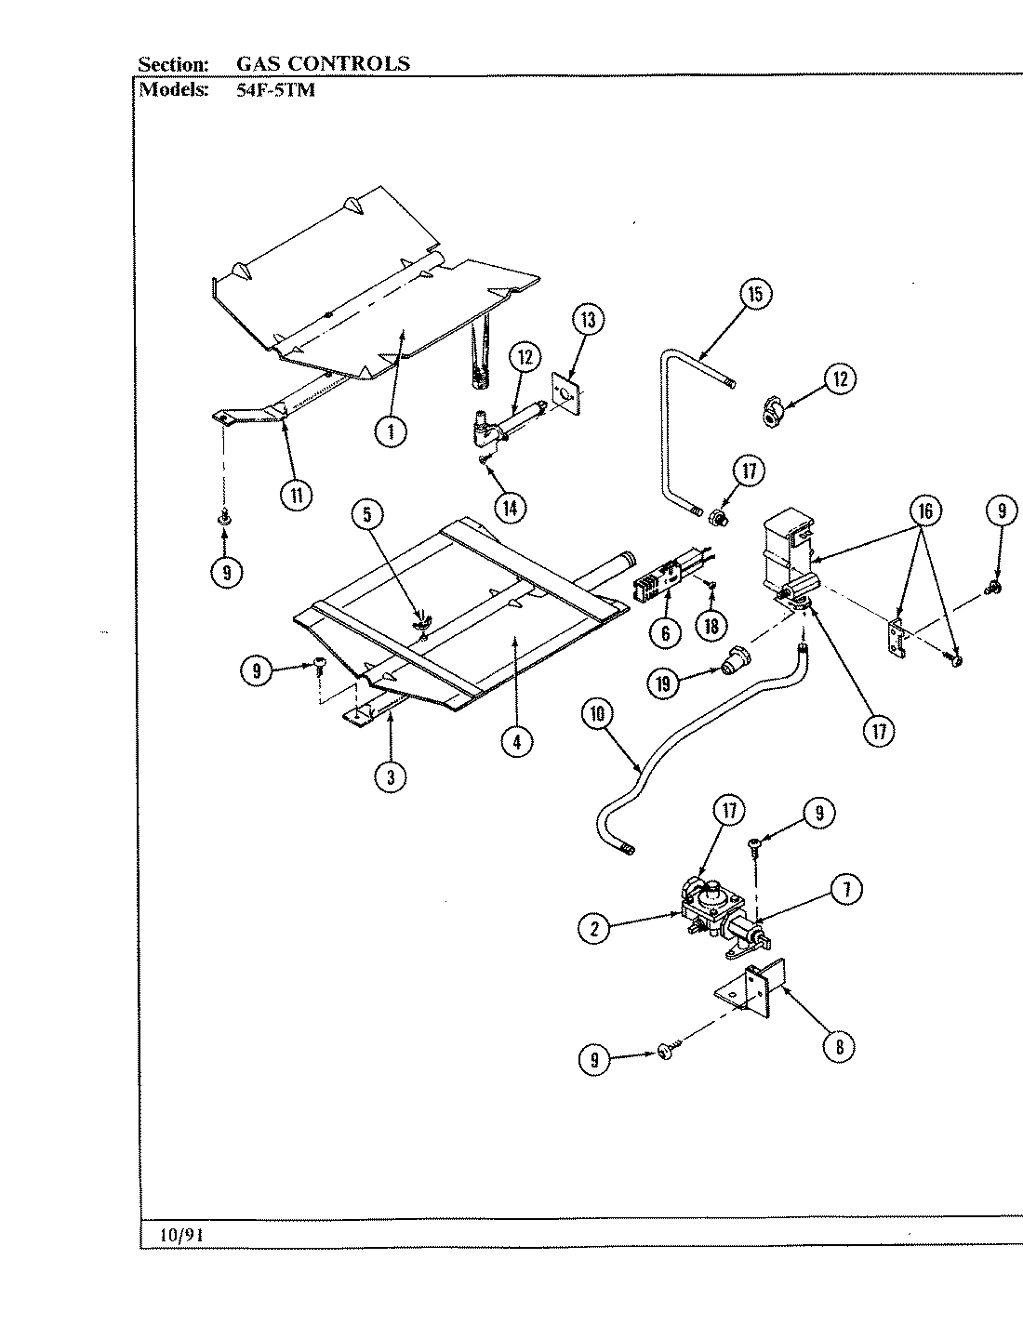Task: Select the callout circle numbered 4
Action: point(516,741)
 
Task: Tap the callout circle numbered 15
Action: point(755,295)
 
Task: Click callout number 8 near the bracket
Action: point(839,1046)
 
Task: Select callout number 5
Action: point(368,515)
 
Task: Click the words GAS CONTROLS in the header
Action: point(323,63)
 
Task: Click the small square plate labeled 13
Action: point(566,391)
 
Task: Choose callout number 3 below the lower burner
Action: point(391,776)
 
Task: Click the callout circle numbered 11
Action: point(296,495)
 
